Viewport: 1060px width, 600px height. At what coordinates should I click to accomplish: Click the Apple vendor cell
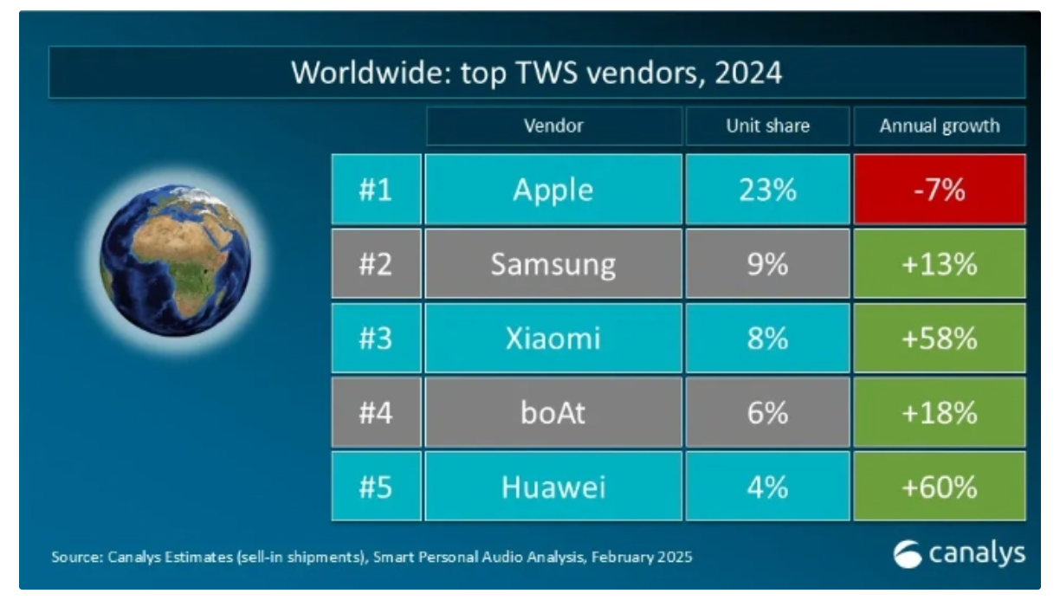coord(553,190)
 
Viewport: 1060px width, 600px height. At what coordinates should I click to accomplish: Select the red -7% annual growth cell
coord(940,190)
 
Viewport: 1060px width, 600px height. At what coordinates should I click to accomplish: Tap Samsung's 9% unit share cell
coord(767,264)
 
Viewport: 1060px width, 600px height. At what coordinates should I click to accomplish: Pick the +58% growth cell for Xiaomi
coord(940,339)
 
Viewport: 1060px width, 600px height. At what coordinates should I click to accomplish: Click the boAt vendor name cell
coord(553,413)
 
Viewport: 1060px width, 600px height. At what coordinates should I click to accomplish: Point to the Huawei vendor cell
coord(553,487)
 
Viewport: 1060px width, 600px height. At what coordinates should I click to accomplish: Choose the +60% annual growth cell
coord(940,487)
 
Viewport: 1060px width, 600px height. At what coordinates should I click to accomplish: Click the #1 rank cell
coord(376,190)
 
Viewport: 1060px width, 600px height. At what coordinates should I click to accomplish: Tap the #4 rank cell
coord(376,413)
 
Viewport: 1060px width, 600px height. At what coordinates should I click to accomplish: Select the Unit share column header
coord(767,126)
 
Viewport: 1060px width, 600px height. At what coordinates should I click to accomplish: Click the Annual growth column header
coord(940,126)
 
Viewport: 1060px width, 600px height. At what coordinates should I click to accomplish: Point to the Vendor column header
coord(553,126)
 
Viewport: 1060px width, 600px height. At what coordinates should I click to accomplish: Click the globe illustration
coord(175,261)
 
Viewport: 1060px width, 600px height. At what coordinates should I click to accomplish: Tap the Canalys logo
coord(959,554)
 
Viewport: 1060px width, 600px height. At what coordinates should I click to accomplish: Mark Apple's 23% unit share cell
coord(767,190)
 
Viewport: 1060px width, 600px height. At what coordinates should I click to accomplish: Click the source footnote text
coord(372,558)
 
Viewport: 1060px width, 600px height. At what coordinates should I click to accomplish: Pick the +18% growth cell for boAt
coord(940,413)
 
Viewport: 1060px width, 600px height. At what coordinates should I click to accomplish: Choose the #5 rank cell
coord(376,487)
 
